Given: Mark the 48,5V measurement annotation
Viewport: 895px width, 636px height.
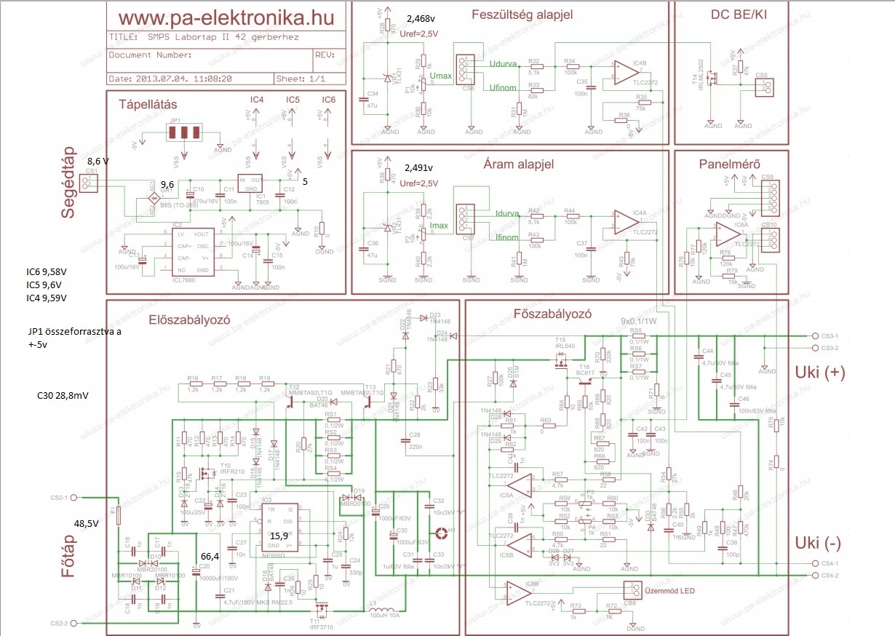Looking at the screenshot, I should pyautogui.click(x=87, y=522).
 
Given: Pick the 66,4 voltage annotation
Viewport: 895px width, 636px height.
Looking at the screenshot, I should pyautogui.click(x=210, y=557).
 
